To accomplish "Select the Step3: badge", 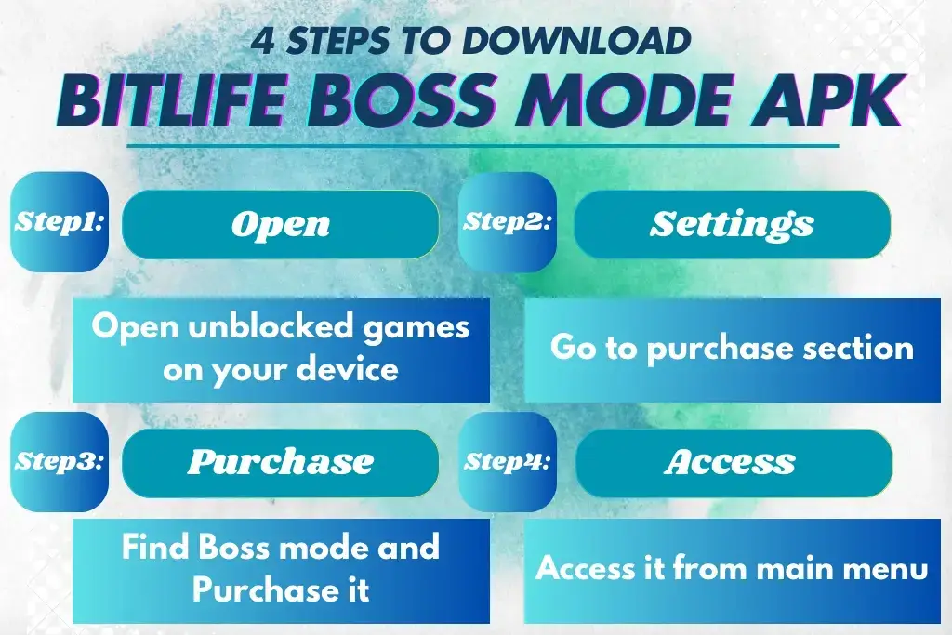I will coord(59,461).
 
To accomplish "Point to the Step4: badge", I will coord(508,461).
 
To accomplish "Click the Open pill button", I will coord(280,224).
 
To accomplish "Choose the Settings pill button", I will coord(732,224).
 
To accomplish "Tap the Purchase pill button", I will coord(280,462).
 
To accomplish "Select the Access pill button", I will coord(734,462).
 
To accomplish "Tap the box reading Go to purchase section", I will coord(732,349).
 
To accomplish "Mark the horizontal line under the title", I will coord(483,145).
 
